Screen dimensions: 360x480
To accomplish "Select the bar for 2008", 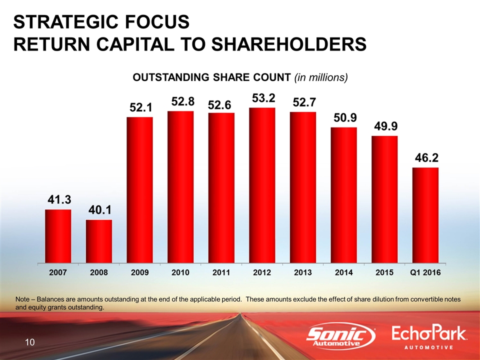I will tap(99, 240).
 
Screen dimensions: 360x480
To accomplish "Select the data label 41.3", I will tap(58, 199).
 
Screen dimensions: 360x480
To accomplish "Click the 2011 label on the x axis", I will tap(221, 273).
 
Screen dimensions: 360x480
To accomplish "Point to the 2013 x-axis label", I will tap(303, 273).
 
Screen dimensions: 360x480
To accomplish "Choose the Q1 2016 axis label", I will tap(425, 273).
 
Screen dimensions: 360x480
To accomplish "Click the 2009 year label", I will tap(139, 273).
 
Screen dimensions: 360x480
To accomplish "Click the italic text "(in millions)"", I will tap(320, 78).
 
